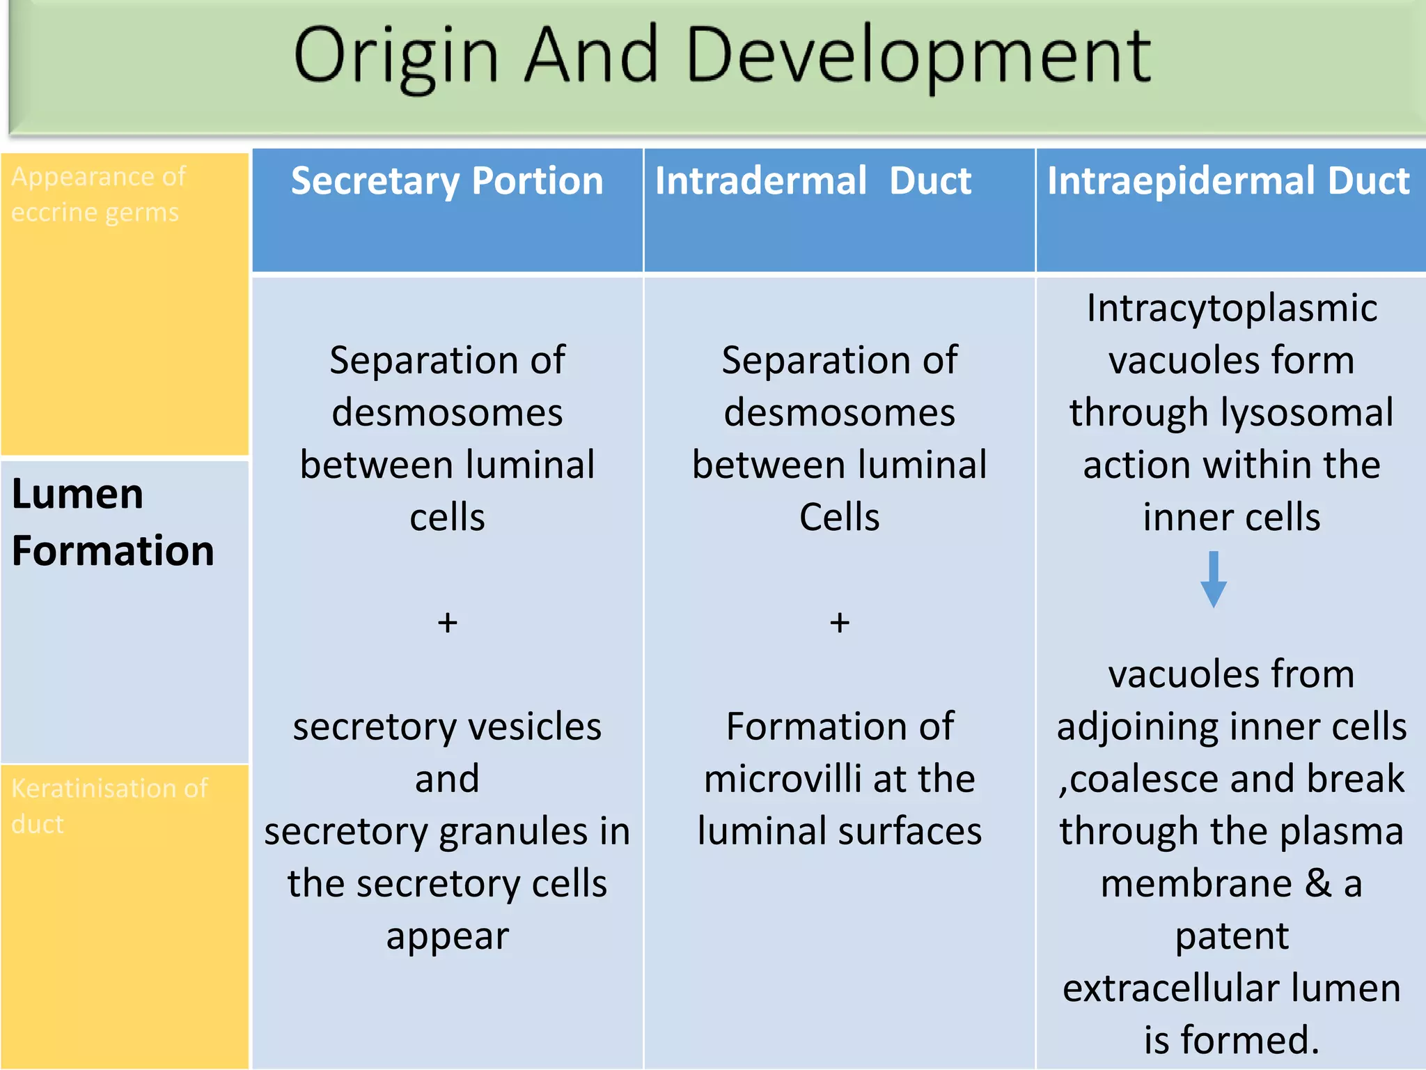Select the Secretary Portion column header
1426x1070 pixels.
coord(447,181)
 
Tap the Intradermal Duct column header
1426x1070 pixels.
coord(813,181)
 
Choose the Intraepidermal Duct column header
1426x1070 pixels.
coord(1228,181)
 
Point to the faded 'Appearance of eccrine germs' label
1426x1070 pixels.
coord(97,194)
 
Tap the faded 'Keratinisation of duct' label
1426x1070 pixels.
coord(109,806)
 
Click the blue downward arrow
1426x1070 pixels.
coord(1214,579)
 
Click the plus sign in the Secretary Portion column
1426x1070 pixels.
coord(448,622)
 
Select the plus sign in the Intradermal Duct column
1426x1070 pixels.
coord(840,622)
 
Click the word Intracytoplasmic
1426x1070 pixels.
coord(1231,308)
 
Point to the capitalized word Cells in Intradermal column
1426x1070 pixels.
coord(839,518)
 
